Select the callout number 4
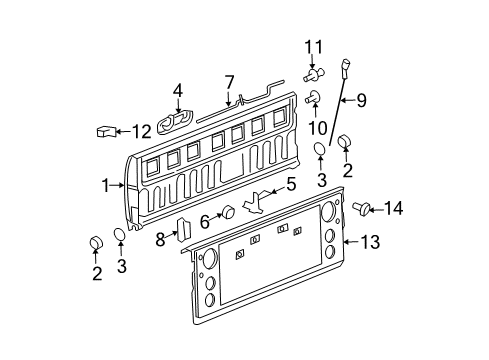click(x=178, y=91)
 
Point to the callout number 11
click(x=315, y=47)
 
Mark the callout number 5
click(x=292, y=184)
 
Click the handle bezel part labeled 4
click(x=178, y=119)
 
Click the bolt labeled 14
click(x=361, y=208)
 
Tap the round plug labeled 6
click(x=228, y=212)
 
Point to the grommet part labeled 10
click(x=314, y=97)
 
